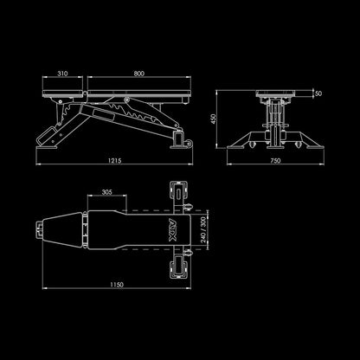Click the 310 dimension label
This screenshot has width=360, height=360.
pyautogui.click(x=62, y=74)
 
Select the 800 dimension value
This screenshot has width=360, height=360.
pyautogui.click(x=138, y=74)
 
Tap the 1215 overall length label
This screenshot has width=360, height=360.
pyautogui.click(x=114, y=160)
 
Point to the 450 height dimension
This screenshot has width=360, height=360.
pyautogui.click(x=213, y=119)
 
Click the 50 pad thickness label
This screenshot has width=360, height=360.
pyautogui.click(x=318, y=93)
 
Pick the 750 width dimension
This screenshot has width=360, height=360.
pyautogui.click(x=275, y=161)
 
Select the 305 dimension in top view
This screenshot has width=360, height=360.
pyautogui.click(x=106, y=192)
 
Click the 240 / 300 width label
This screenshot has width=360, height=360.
pyautogui.click(x=203, y=229)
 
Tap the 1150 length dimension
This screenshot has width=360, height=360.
pyautogui.click(x=117, y=285)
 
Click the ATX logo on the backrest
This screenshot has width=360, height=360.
pyautogui.click(x=172, y=229)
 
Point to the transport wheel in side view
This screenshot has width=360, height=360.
pyautogui.click(x=190, y=144)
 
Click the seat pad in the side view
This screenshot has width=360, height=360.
pyautogui.click(x=62, y=93)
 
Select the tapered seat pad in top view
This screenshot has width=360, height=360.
pyautogui.click(x=62, y=229)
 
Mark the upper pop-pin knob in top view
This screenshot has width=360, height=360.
pyautogui.click(x=188, y=206)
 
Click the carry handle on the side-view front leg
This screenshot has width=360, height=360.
pyautogui.click(x=46, y=136)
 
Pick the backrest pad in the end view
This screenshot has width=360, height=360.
pyautogui.click(x=275, y=93)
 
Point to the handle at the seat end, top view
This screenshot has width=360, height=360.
pyautogui.click(x=39, y=229)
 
